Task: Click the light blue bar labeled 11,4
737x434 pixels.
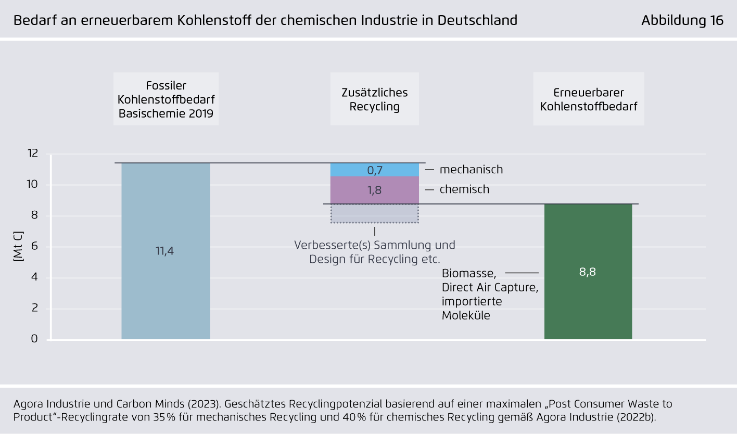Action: (x=166, y=251)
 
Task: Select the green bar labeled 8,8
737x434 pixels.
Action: (x=588, y=272)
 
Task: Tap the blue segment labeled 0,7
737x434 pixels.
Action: (x=375, y=170)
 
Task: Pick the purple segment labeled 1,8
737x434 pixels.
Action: (x=375, y=190)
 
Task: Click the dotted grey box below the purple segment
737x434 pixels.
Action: (x=375, y=213)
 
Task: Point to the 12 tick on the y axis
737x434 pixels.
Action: (x=33, y=154)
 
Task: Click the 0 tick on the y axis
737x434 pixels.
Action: (x=34, y=339)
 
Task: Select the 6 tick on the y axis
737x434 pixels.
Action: (x=34, y=246)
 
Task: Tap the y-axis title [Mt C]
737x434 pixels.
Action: (x=18, y=246)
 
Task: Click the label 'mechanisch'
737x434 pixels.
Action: (x=471, y=170)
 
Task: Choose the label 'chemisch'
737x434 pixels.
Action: (x=464, y=189)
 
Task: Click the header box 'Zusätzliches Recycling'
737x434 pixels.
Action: (x=375, y=99)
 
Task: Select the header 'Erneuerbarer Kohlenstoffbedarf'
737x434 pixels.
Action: (x=589, y=99)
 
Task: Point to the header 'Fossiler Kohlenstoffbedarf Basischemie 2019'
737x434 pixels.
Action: (x=166, y=99)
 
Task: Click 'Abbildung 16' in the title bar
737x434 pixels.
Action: (x=682, y=20)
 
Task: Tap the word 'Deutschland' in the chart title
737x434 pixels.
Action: (x=477, y=20)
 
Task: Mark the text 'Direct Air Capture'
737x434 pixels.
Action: (x=490, y=288)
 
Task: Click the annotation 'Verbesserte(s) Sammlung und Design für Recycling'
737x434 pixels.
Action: (x=375, y=252)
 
